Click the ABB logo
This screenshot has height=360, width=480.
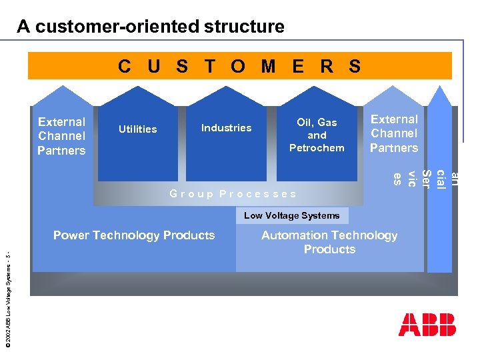pyautogui.click(x=427, y=324)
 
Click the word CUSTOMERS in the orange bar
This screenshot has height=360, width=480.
pyautogui.click(x=239, y=66)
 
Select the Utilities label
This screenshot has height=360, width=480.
pyautogui.click(x=137, y=129)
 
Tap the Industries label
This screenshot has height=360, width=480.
pyautogui.click(x=227, y=127)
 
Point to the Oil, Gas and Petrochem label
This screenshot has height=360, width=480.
pyautogui.click(x=317, y=135)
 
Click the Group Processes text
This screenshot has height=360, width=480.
pyautogui.click(x=233, y=194)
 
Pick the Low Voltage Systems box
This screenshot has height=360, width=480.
pyautogui.click(x=291, y=215)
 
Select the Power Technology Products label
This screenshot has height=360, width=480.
pyautogui.click(x=134, y=235)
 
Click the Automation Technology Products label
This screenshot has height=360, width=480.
pyautogui.click(x=329, y=242)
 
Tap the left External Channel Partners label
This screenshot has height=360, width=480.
pyautogui.click(x=61, y=136)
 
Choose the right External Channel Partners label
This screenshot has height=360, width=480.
pyautogui.click(x=394, y=133)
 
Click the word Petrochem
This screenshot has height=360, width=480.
pyautogui.click(x=317, y=147)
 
